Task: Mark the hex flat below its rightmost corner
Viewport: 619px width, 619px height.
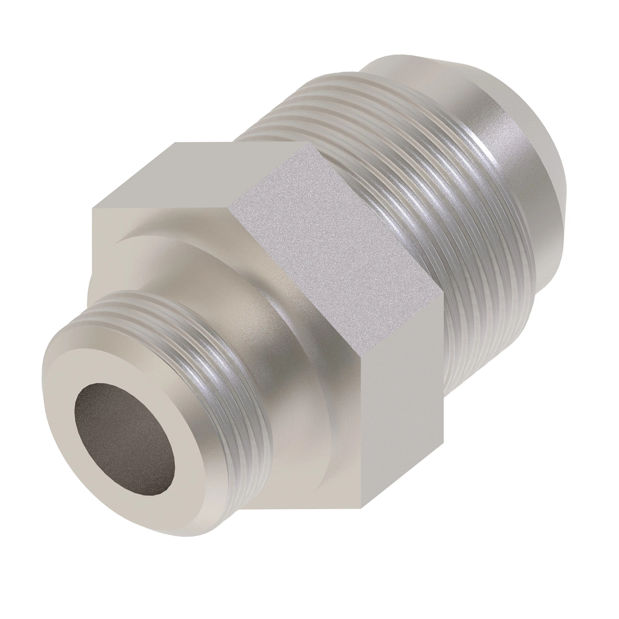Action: (402, 387)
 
